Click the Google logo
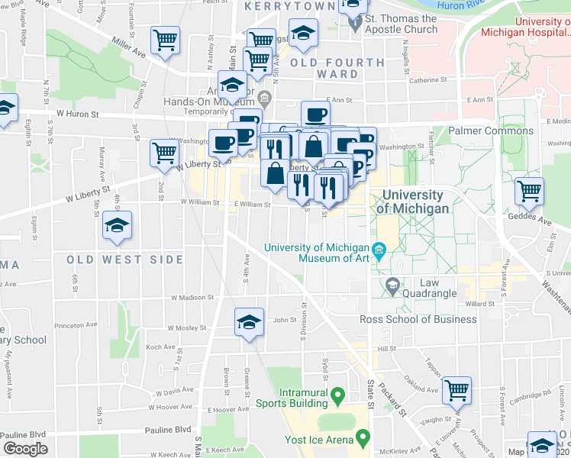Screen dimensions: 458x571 coord(25,450)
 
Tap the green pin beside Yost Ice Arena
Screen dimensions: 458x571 coord(363,439)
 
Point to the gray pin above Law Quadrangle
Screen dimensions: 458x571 coord(393,286)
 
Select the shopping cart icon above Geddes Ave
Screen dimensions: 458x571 coord(529,190)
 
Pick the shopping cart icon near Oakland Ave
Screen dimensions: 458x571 coord(456,390)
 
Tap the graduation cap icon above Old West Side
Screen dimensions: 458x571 coord(118,225)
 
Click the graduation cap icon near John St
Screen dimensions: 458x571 coord(249,322)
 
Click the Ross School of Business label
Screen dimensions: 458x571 coord(418,319)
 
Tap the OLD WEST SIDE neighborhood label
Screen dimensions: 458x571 coord(124,260)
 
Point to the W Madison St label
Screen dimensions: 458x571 coord(192,298)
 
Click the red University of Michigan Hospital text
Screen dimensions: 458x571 coord(525,28)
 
